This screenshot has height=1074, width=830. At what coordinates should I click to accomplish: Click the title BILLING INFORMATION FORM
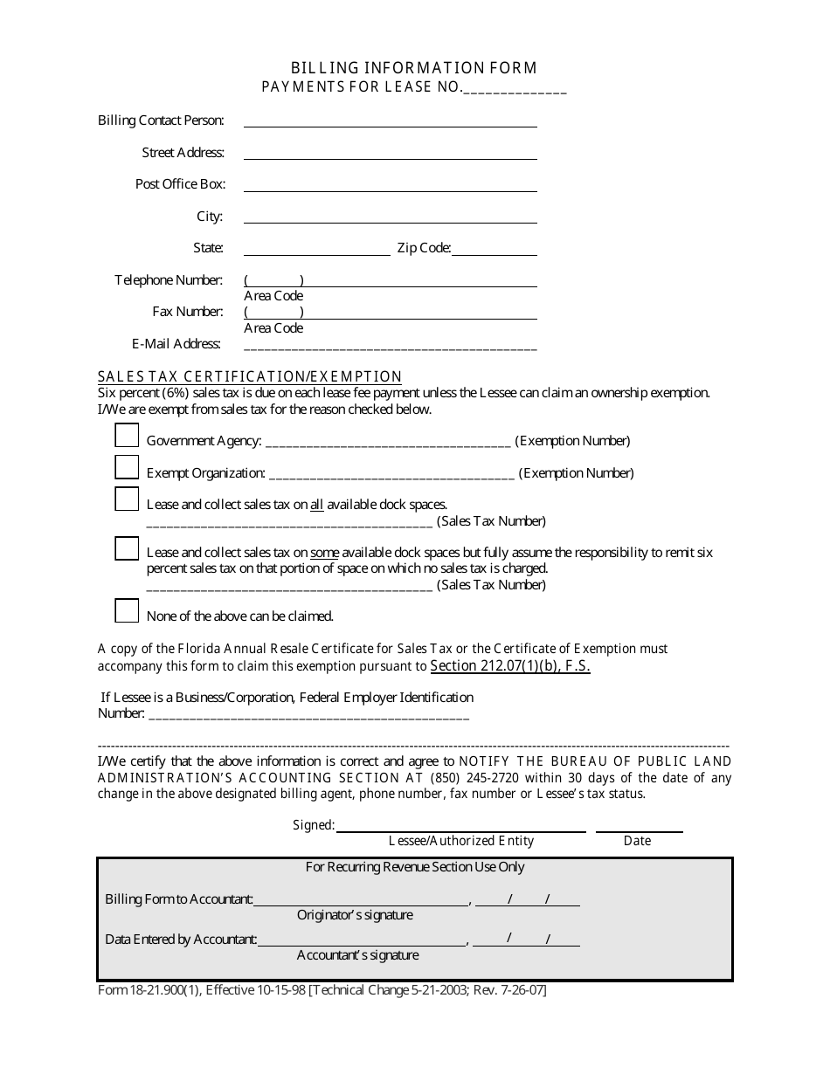[x=414, y=68]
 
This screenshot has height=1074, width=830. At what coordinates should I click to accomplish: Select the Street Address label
[x=183, y=153]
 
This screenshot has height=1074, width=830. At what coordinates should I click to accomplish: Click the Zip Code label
[x=424, y=248]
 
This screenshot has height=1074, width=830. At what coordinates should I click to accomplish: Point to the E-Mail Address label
[x=176, y=344]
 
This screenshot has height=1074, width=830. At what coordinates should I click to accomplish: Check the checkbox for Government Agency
[x=127, y=435]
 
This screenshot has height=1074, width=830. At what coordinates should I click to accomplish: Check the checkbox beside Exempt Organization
[x=127, y=467]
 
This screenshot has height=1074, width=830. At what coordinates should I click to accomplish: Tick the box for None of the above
[x=127, y=610]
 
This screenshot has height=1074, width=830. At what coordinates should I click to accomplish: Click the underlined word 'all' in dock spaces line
[x=317, y=505]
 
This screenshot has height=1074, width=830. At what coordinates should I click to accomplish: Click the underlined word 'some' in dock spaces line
[x=324, y=553]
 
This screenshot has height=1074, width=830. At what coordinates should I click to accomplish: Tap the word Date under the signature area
[x=637, y=841]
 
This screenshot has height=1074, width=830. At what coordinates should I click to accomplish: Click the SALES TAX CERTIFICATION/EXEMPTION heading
[x=250, y=377]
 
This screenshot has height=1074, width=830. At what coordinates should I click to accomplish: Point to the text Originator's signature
[x=355, y=915]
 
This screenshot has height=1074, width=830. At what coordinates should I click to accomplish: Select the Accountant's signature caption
[x=357, y=955]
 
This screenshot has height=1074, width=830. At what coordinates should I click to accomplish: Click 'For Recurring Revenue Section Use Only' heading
[x=415, y=867]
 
